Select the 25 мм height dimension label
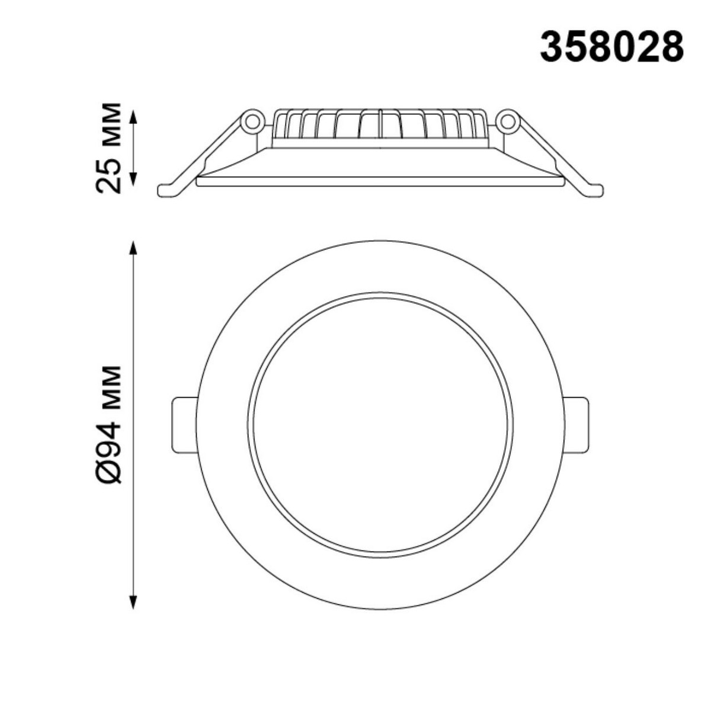[108, 148]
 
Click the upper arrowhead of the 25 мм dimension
[133, 117]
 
